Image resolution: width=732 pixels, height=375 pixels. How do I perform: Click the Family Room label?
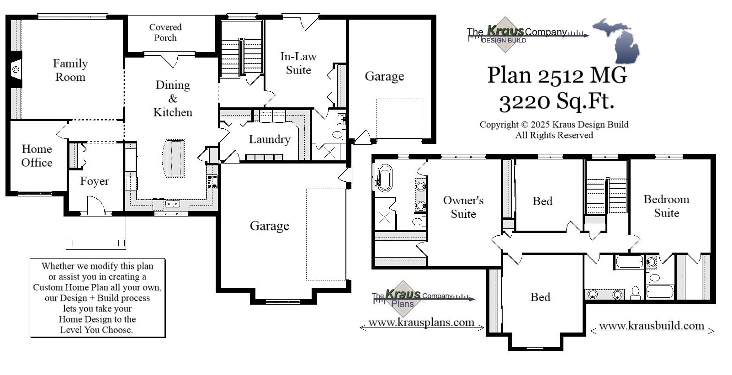coord(70,70)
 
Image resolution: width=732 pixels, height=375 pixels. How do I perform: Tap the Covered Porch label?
coord(165,32)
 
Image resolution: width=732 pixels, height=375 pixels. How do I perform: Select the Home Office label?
coord(37,156)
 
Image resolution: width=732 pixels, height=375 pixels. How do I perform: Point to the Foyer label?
coord(94,181)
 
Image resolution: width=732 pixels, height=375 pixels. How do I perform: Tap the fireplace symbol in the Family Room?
coord(16,69)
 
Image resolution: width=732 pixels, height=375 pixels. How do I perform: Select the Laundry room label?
coord(269,139)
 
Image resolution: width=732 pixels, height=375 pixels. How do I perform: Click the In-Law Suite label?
coord(298,63)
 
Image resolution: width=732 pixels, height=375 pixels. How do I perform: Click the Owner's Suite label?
coord(463,207)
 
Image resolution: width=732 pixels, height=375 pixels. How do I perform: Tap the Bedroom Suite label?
coord(666,206)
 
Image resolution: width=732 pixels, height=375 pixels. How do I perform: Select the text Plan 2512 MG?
coord(557,75)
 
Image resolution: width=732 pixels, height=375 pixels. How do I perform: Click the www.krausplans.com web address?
coord(421,322)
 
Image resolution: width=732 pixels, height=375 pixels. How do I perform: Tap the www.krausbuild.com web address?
coord(651,326)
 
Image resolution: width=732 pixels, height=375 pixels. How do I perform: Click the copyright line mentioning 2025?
coord(554,125)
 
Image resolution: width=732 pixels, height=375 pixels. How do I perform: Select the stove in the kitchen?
coord(212,182)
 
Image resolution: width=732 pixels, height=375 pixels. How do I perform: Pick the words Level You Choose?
coord(96,330)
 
